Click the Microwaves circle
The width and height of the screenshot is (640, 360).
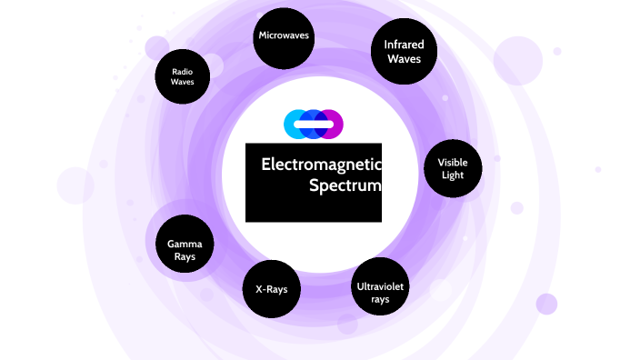284,36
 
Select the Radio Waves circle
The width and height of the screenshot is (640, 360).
183,76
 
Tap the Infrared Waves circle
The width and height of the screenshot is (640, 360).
405,52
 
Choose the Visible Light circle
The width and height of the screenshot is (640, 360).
453,169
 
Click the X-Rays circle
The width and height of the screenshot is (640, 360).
271,290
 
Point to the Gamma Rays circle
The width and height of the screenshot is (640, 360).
184,250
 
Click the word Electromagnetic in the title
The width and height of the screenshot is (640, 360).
321,165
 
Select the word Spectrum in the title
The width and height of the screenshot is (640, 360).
345,186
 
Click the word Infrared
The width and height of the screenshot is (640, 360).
405,45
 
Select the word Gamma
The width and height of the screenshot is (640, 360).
184,243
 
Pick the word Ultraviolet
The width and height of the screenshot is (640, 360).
380,285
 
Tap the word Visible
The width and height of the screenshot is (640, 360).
453,162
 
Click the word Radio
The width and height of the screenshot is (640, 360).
183,70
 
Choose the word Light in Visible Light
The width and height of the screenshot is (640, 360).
453,175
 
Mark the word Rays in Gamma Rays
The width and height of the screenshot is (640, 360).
184,257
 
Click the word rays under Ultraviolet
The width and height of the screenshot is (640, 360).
380,299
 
